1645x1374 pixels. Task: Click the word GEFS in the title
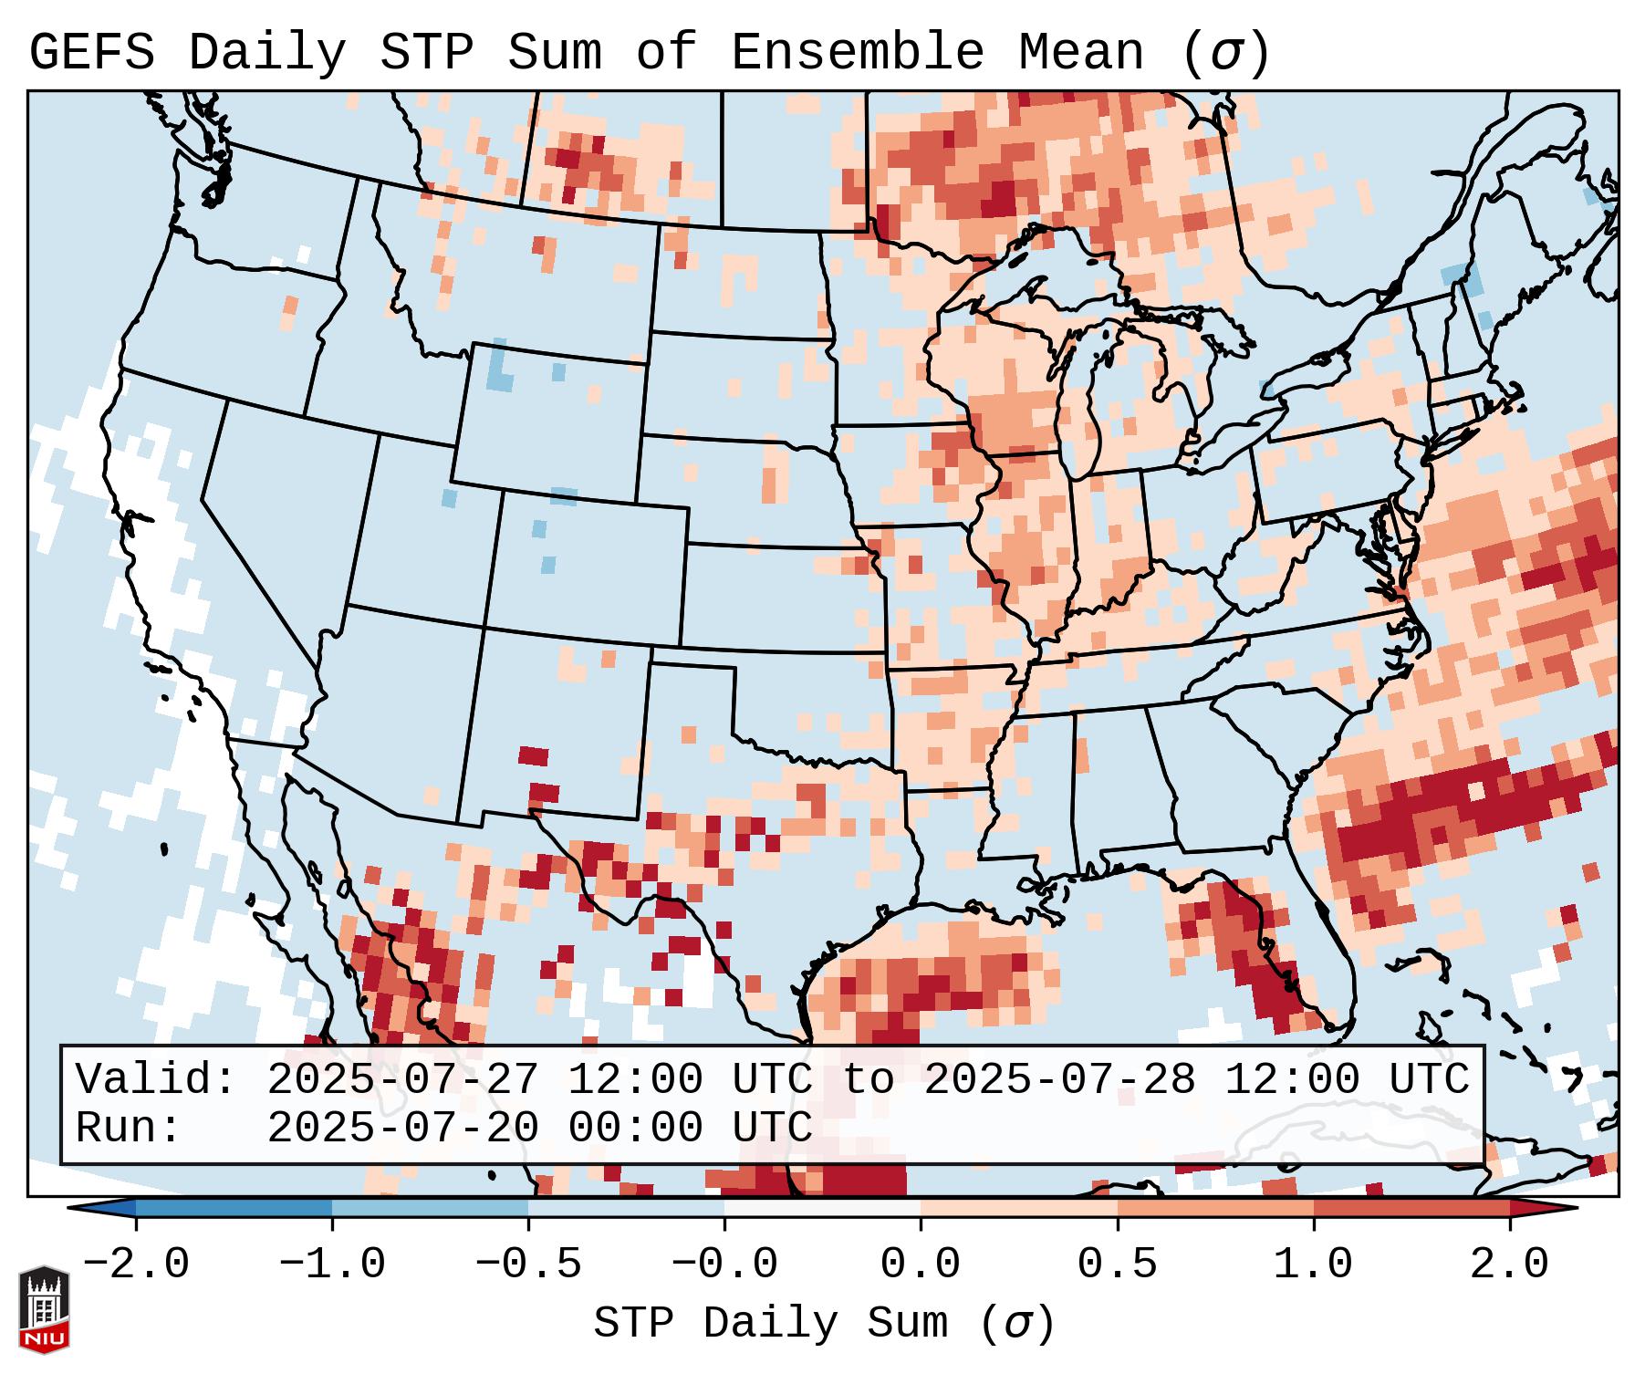pos(91,53)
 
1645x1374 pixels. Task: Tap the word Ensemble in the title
pos(857,53)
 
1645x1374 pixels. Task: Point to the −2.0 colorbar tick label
pos(136,1265)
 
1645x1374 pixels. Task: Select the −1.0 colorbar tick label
pos(332,1265)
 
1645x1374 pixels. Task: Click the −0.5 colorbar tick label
pos(528,1265)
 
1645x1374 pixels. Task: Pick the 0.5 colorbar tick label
pos(1117,1265)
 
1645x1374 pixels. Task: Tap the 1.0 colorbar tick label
pos(1313,1265)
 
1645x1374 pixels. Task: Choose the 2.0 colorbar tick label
pos(1509,1265)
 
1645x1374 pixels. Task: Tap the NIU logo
pos(44,1308)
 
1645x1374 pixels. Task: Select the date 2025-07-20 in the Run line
pos(402,1128)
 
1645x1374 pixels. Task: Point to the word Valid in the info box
pos(154,1079)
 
